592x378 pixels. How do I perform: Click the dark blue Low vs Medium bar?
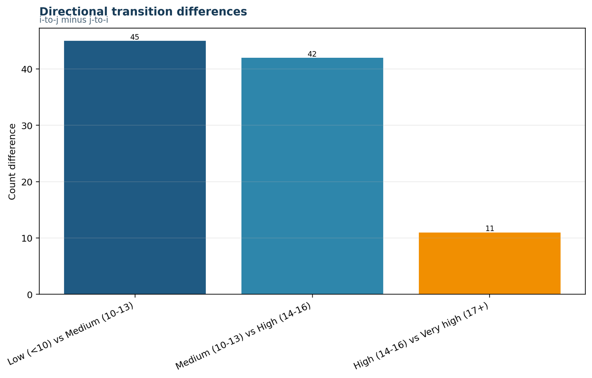135,167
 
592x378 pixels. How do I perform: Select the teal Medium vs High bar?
312,176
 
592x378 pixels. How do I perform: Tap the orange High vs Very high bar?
490,263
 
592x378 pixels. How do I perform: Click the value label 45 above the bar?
135,37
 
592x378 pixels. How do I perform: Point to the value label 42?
312,54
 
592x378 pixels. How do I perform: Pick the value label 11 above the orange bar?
490,228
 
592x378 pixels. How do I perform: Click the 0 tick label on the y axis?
30,295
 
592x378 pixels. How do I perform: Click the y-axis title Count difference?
12,162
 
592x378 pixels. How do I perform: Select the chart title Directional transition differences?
143,11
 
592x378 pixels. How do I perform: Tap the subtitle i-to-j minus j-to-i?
74,20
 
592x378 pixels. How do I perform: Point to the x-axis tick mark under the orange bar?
490,296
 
